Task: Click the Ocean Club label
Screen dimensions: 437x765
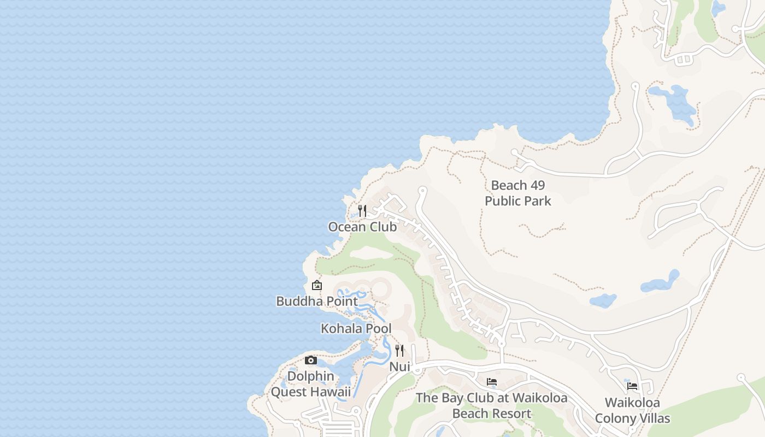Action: (362, 227)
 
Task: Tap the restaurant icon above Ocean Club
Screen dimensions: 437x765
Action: (362, 210)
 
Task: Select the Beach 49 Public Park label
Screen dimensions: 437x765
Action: (517, 193)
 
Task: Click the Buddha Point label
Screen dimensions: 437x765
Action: (317, 301)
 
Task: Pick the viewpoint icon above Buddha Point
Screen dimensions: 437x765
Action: (316, 285)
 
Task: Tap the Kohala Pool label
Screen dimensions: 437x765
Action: (356, 328)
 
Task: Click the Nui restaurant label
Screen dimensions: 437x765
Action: (399, 367)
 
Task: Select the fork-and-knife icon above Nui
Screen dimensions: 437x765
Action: (399, 351)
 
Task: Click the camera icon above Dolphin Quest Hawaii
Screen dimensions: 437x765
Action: (310, 360)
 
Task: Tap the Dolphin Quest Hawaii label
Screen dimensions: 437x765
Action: (310, 384)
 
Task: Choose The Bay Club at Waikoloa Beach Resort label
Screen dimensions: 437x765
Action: (491, 405)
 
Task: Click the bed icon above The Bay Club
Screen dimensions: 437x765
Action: (492, 381)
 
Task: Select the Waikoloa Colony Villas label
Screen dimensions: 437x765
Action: (632, 410)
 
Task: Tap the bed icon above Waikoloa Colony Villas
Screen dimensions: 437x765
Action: (632, 386)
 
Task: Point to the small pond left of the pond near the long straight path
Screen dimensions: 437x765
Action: (603, 300)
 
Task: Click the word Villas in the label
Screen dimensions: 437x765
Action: (653, 418)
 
